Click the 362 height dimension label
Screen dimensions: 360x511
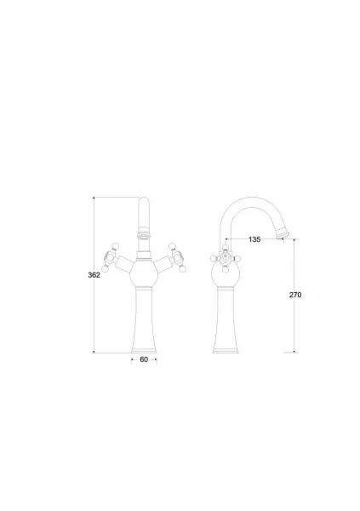click(94, 275)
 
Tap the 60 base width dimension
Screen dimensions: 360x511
click(144, 359)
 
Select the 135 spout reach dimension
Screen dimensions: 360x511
click(254, 239)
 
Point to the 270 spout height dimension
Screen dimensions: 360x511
click(295, 295)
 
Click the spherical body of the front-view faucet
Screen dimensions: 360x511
click(144, 273)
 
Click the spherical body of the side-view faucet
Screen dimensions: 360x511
click(226, 274)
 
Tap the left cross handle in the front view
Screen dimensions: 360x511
click(110, 257)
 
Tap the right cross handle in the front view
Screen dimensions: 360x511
click(178, 257)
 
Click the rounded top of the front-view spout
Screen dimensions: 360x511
click(144, 201)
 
